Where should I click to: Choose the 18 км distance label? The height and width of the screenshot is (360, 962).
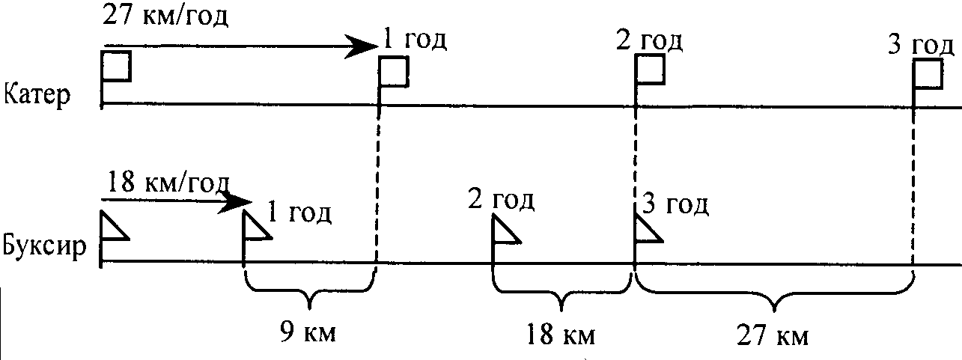[560, 335]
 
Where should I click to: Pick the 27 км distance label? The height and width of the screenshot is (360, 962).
[773, 335]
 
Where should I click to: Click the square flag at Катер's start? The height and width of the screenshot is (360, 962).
[117, 67]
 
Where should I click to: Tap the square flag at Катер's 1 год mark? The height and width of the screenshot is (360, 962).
[394, 71]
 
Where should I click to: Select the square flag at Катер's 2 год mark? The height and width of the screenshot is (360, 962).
[650, 70]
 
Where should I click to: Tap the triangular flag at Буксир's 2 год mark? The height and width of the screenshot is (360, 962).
[506, 231]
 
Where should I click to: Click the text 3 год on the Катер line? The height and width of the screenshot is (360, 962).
[922, 45]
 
